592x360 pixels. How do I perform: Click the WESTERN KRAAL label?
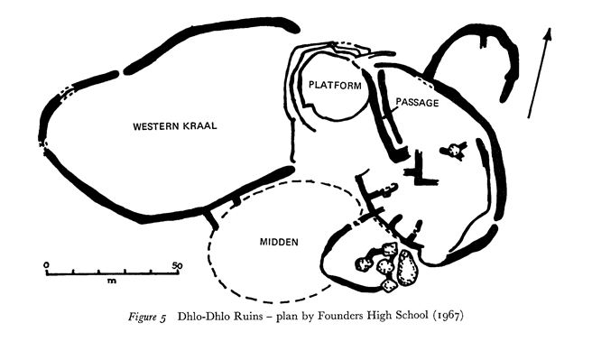pyautogui.click(x=175, y=126)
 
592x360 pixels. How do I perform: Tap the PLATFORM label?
pyautogui.click(x=335, y=86)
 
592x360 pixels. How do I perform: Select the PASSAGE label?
pyautogui.click(x=417, y=103)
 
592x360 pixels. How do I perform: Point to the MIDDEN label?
pyautogui.click(x=279, y=242)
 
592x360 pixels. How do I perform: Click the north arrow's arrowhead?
pyautogui.click(x=548, y=34)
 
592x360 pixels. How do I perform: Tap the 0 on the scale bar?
pyautogui.click(x=46, y=265)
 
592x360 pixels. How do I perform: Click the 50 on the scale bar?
pyautogui.click(x=177, y=265)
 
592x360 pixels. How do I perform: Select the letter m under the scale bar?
pyautogui.click(x=112, y=281)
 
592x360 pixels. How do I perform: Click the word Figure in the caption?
pyautogui.click(x=142, y=316)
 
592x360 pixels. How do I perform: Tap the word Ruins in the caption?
pyautogui.click(x=247, y=316)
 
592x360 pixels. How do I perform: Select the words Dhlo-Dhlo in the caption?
pyautogui.click(x=204, y=316)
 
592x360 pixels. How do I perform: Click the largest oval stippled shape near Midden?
pyautogui.click(x=407, y=268)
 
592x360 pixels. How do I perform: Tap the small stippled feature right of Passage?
pyautogui.click(x=455, y=151)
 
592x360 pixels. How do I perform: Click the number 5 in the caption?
pyautogui.click(x=162, y=318)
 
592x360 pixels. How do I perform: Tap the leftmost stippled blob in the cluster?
pyautogui.click(x=365, y=263)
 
